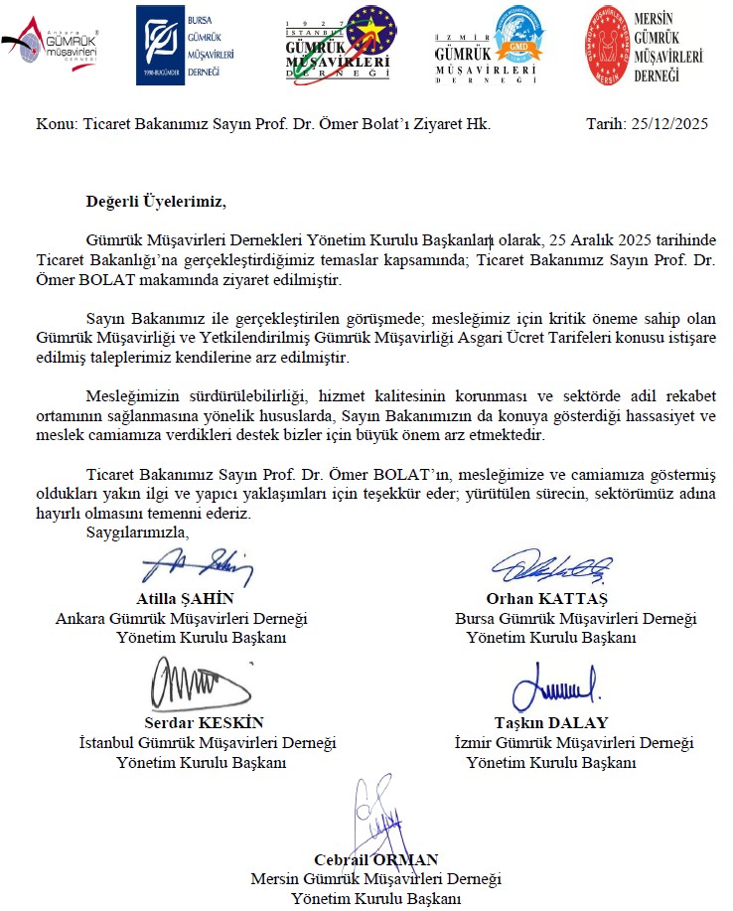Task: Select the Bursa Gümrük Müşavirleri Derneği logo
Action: pos(180,44)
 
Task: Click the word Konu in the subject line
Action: pos(53,124)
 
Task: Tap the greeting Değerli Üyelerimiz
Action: pos(156,203)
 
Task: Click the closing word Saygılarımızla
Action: pos(136,533)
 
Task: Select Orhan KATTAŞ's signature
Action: pos(545,568)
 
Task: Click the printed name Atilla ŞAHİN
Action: pos(185,598)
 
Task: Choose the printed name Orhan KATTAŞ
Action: pos(546,598)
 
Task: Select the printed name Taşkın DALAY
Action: pos(550,722)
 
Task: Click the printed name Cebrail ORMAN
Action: pos(375,859)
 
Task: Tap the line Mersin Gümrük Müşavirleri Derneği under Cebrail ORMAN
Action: pos(375,879)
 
